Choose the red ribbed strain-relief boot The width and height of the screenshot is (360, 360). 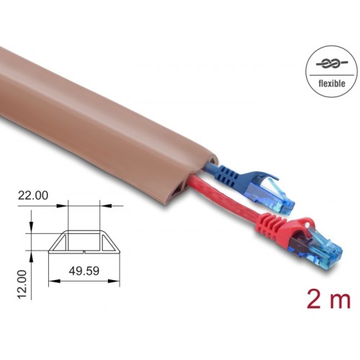[274, 229]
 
